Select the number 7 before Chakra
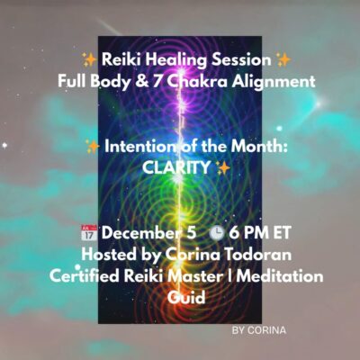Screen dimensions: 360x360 (157, 81)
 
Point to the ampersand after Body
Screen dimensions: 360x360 (139, 82)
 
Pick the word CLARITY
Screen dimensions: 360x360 (175, 167)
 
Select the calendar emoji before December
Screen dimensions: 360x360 (89, 233)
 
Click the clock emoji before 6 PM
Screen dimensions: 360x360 (216, 233)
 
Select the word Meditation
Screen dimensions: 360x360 (280, 276)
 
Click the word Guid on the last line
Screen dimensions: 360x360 (186, 298)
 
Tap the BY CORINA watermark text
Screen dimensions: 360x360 (259, 330)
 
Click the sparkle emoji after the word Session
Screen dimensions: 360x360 (283, 59)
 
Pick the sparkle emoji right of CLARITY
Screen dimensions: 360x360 (223, 168)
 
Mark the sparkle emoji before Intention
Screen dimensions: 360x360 (93, 147)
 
